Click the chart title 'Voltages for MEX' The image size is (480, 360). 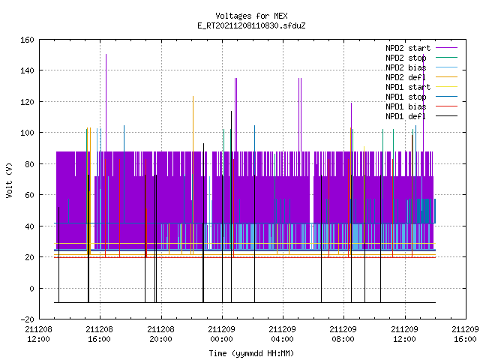(x=251, y=16)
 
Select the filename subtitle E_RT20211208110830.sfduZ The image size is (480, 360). (x=251, y=25)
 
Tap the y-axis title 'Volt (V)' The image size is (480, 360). (x=10, y=180)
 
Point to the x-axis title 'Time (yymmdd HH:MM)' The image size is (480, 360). (x=251, y=353)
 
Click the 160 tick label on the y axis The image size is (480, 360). (x=27, y=40)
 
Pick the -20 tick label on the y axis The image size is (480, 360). (x=27, y=319)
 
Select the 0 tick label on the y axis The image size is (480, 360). (x=31, y=288)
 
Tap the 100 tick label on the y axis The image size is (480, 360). (x=27, y=133)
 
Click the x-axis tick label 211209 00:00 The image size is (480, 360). (x=222, y=334)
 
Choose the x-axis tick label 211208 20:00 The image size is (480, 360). (x=160, y=334)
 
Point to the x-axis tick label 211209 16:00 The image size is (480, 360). (x=465, y=334)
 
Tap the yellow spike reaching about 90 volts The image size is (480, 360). (x=364, y=195)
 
